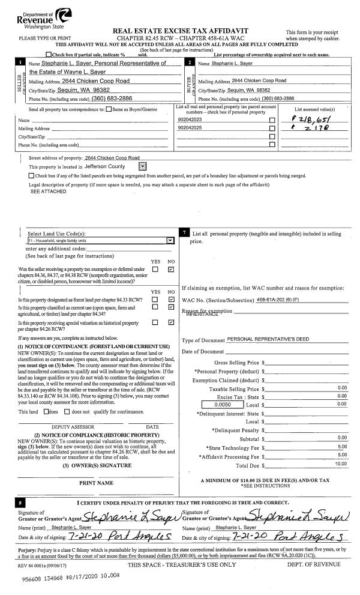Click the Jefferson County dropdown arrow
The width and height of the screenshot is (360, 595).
[x=142, y=166]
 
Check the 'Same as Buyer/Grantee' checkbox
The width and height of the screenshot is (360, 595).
[x=108, y=109]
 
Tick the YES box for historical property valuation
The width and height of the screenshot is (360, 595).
[x=155, y=322]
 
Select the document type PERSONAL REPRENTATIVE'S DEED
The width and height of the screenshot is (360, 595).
[x=268, y=339]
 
